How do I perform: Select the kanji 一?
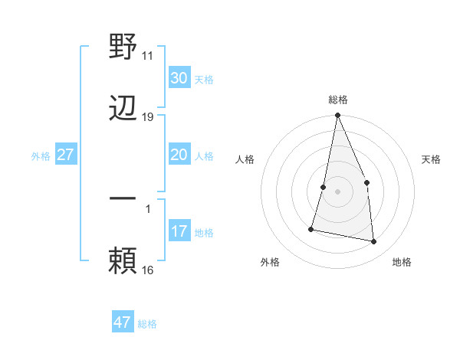click(x=123, y=199)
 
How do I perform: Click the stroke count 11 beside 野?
click(x=148, y=56)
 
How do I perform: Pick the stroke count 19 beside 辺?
click(x=148, y=117)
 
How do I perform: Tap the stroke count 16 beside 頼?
click(x=148, y=270)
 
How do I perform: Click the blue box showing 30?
click(x=179, y=78)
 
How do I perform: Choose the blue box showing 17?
click(x=179, y=231)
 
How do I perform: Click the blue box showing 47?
click(x=123, y=322)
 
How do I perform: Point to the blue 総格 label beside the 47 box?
click(x=147, y=324)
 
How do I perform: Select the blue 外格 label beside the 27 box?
click(x=41, y=156)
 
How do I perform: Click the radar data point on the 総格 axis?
click(x=337, y=116)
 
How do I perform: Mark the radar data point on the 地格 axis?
click(x=374, y=242)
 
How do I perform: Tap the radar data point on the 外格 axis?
click(x=311, y=228)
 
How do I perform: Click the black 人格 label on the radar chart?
click(x=245, y=159)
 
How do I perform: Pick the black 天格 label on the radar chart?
click(x=432, y=159)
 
